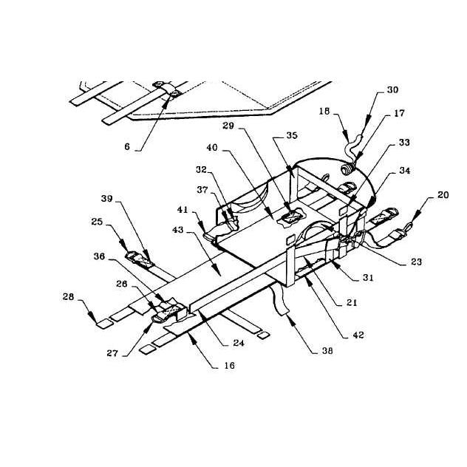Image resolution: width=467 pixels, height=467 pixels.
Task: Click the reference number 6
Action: (127, 146)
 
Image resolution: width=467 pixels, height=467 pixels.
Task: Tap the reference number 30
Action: (392, 89)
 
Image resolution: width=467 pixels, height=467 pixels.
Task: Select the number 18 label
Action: (324, 112)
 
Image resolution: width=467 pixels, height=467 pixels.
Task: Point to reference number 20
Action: (443, 195)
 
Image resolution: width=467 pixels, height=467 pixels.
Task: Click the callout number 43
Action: (178, 230)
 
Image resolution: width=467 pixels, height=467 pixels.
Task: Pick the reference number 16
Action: (229, 366)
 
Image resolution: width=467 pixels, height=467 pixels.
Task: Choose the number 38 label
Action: (327, 351)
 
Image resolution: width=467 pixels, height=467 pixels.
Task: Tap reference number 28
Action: (68, 296)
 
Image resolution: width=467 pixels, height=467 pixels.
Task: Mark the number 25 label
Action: (97, 222)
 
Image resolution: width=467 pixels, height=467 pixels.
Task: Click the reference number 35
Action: (292, 135)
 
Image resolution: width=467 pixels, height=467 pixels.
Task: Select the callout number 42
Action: (358, 335)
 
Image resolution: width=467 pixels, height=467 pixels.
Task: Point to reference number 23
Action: (416, 262)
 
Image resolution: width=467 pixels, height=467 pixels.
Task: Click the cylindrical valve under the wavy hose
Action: (347, 169)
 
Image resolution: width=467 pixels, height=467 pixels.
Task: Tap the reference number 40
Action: (212, 148)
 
